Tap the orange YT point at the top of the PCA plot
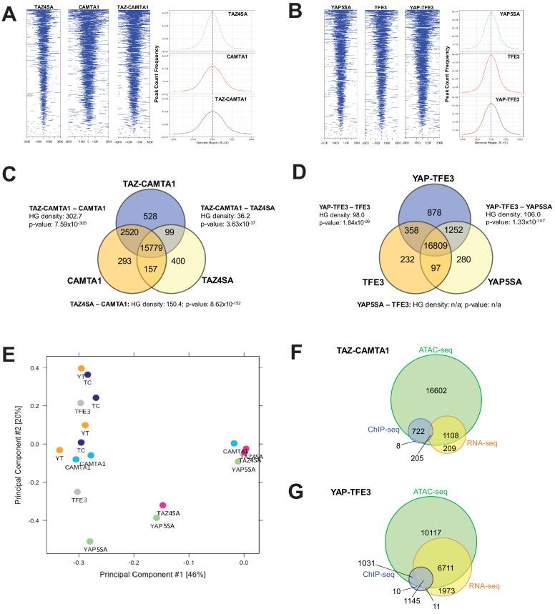[82, 368]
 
